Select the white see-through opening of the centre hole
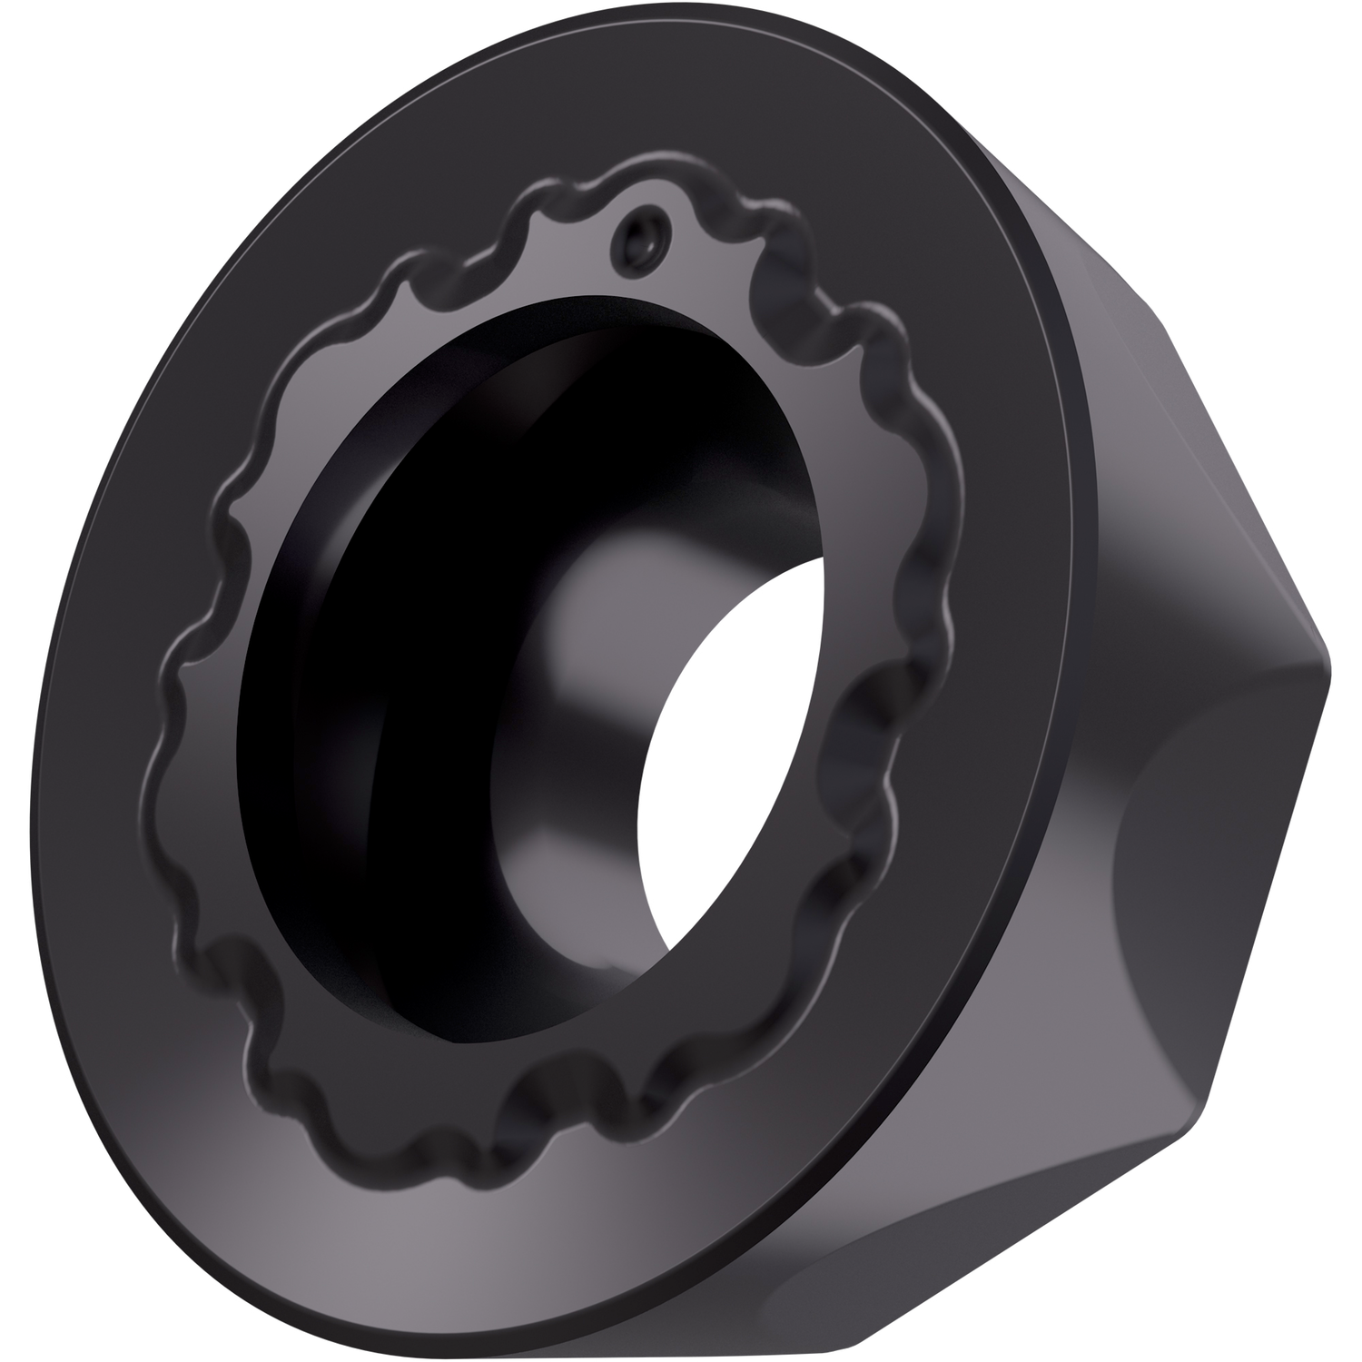(717, 772)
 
